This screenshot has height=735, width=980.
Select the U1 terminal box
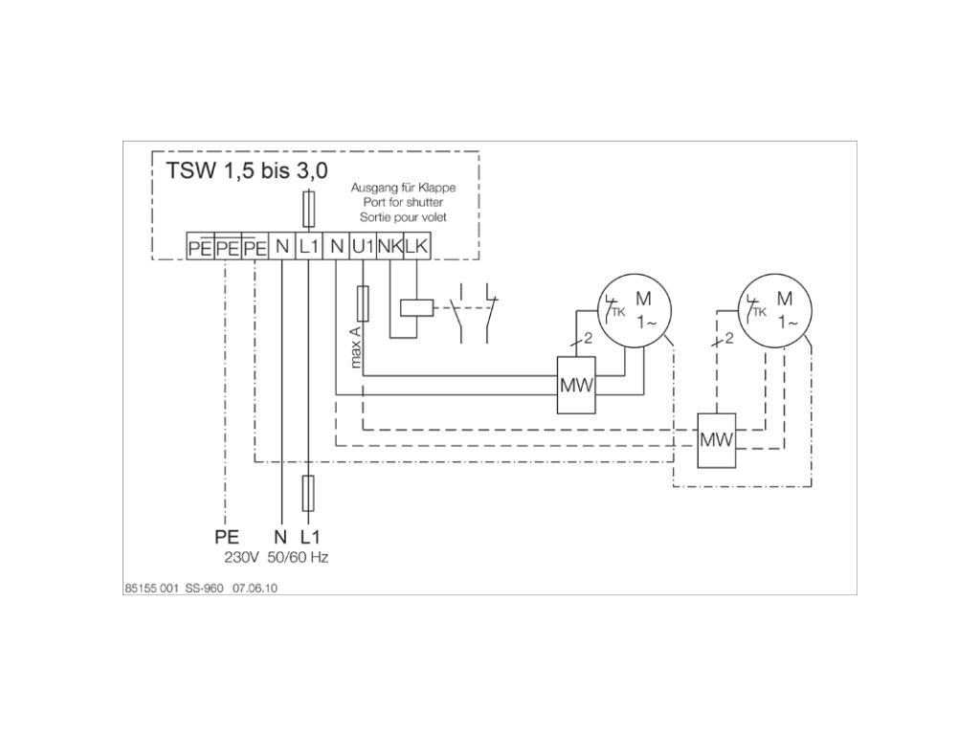coord(363,247)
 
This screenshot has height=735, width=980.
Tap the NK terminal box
coord(389,247)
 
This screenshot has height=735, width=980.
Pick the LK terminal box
coord(415,247)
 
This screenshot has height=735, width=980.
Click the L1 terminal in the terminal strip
coord(308,247)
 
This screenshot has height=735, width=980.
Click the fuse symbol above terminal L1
coord(308,206)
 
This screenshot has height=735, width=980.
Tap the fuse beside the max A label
coord(363,304)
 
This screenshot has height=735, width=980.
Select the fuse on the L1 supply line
coord(308,494)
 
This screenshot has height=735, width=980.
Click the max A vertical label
coord(354,346)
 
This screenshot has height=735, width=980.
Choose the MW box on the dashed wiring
coord(716,440)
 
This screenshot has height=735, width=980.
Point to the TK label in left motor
coord(618,311)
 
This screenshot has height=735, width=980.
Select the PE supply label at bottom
coord(226,536)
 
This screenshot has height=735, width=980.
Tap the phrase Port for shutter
coord(402,203)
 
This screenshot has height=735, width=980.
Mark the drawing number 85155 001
coord(148,590)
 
